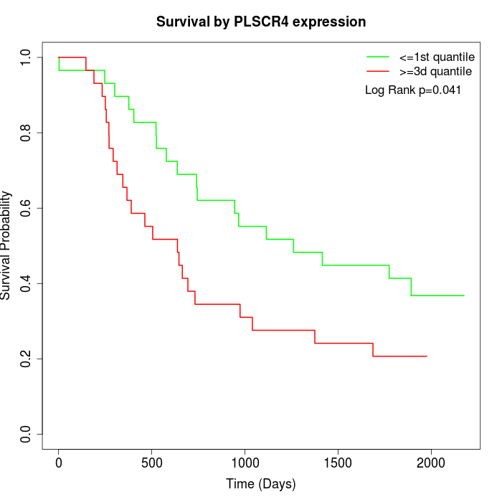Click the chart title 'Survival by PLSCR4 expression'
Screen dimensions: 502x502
click(x=261, y=22)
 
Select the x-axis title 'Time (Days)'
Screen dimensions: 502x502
click(x=260, y=484)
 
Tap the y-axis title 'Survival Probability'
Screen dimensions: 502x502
click(x=6, y=245)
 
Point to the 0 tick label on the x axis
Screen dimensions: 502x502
click(x=59, y=462)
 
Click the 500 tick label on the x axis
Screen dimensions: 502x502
click(x=152, y=462)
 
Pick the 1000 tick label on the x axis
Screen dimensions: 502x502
click(x=245, y=462)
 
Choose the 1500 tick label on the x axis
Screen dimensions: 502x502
click(x=338, y=462)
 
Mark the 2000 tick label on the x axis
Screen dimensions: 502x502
click(x=431, y=462)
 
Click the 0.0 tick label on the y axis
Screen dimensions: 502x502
click(x=27, y=434)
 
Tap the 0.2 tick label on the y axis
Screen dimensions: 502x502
click(x=27, y=359)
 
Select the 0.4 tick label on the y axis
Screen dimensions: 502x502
click(x=27, y=283)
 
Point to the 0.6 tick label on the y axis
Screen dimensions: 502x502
click(x=27, y=208)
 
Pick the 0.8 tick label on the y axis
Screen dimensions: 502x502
click(x=27, y=133)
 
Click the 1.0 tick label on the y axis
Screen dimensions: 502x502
click(x=27, y=57)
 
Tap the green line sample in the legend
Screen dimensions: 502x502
click(x=378, y=57)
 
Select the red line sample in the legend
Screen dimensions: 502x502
click(x=378, y=71)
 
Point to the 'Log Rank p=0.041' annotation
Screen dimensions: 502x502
click(x=413, y=90)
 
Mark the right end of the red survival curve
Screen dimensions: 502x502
click(x=427, y=356)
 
